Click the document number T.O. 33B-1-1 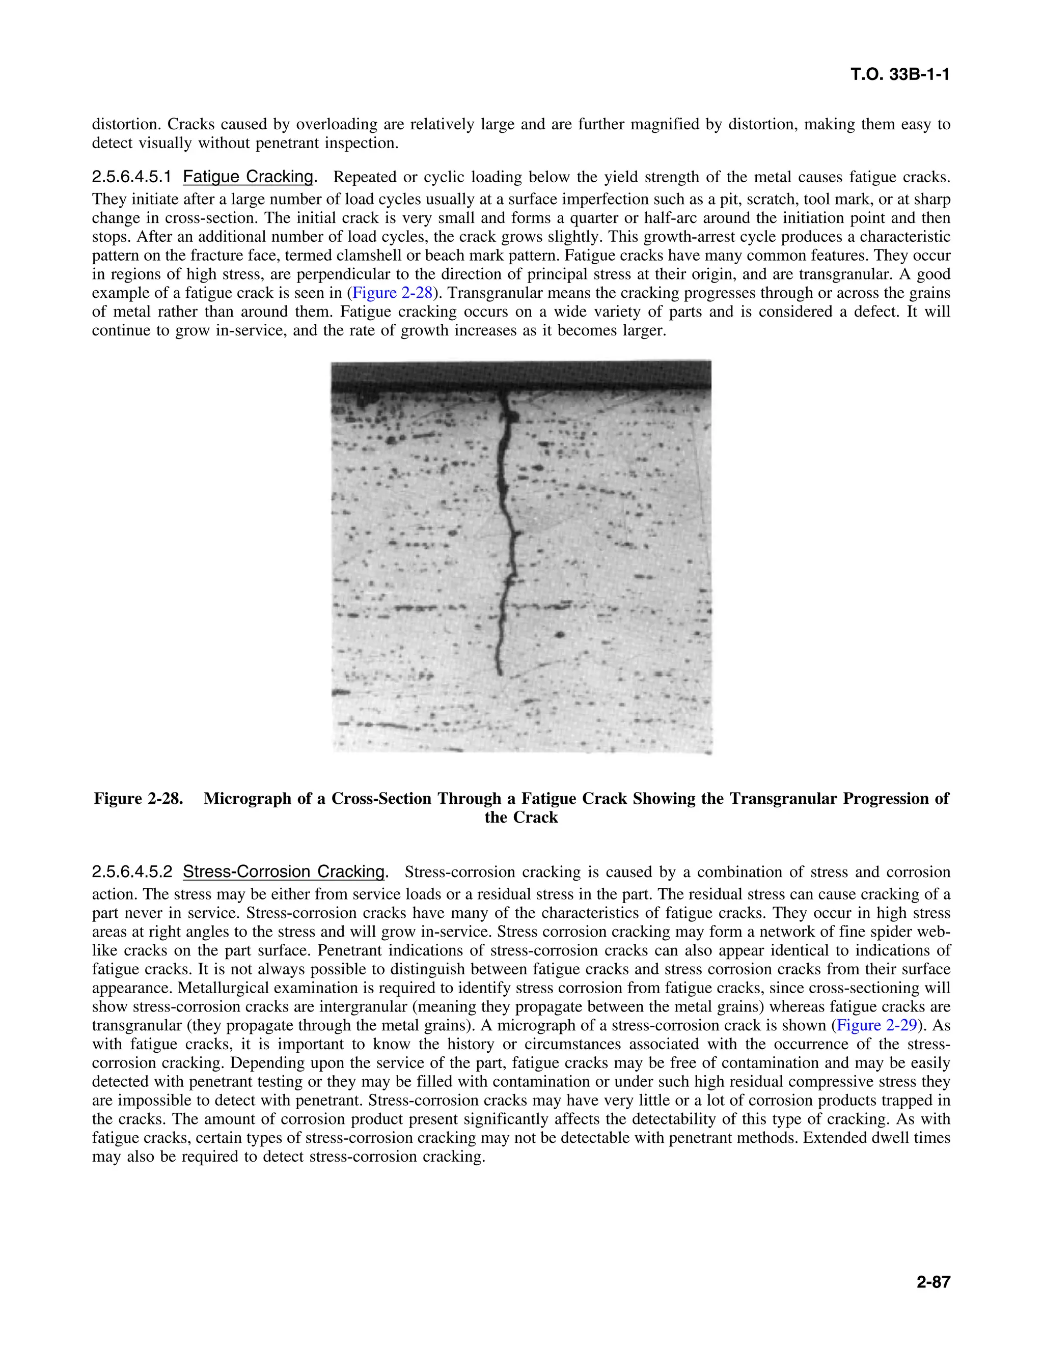pos(900,75)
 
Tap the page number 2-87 pos(932,1282)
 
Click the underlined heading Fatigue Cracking pos(248,177)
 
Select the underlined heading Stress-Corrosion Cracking pos(284,872)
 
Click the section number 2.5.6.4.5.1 pos(131,177)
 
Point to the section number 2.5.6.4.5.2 pos(131,872)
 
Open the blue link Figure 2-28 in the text pos(391,293)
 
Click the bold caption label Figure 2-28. pos(139,799)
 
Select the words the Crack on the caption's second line pos(521,818)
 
